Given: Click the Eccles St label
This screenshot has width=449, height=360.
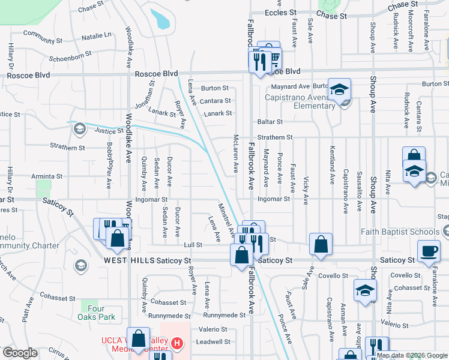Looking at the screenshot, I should click(280, 12).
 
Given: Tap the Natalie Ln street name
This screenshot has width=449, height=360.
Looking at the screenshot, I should click(97, 36).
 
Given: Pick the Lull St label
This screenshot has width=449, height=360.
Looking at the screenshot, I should click(192, 245).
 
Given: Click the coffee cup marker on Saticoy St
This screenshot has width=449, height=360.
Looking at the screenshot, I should click(429, 251).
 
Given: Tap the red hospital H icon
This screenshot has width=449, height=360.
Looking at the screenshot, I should click(176, 343).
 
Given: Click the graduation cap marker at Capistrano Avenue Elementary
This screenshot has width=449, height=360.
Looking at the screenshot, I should click(339, 90).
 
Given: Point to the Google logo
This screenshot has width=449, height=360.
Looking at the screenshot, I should click(20, 353).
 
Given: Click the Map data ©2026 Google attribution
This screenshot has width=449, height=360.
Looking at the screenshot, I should click(412, 355).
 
